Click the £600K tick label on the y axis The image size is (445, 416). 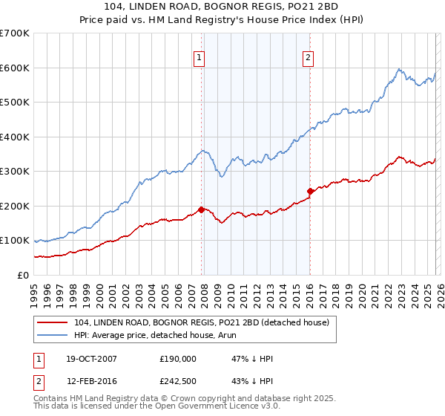point(15,68)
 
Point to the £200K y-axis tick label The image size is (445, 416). point(15,206)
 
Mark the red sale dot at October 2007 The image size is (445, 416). point(201,209)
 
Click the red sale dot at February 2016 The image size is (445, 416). point(310,191)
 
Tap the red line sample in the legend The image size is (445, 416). point(53,322)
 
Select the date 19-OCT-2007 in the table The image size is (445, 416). point(86,359)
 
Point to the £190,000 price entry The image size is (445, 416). point(178,359)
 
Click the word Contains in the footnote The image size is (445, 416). point(50,400)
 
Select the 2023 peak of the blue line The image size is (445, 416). point(399,69)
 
